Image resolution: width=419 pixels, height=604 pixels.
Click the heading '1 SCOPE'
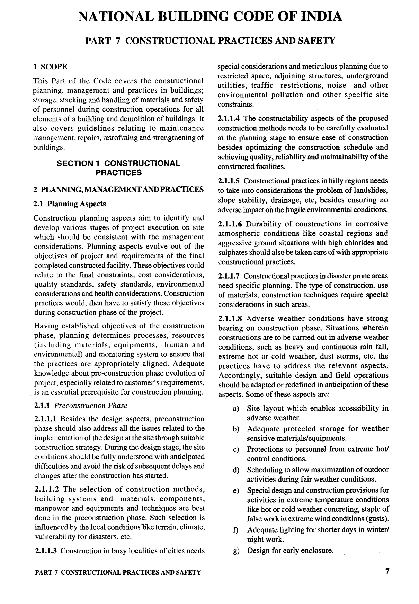[x=50, y=67]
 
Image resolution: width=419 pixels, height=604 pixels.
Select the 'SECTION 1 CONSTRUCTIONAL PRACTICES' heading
[x=118, y=168]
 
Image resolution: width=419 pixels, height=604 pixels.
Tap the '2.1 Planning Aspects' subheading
[x=70, y=204]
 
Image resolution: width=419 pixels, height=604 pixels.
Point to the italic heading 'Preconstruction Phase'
[x=91, y=405]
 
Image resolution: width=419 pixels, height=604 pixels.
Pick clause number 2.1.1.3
[x=46, y=551]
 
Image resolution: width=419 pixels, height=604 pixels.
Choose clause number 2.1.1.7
[x=229, y=276]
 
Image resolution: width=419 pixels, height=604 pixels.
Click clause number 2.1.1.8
[x=230, y=318]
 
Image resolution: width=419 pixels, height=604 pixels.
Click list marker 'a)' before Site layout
[x=236, y=408]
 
